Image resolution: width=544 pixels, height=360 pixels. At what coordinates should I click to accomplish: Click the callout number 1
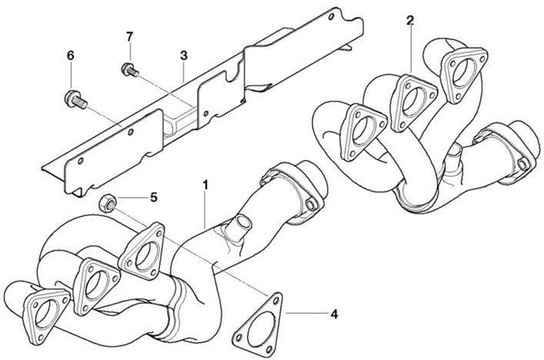[x=205, y=185]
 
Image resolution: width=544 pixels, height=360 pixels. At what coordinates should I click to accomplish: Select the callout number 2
[x=410, y=21]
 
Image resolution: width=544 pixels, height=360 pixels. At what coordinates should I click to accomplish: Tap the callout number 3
[x=184, y=55]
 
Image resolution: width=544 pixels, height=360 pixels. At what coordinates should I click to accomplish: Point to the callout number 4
[x=334, y=314]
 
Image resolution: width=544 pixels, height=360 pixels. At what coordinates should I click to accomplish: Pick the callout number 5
[x=154, y=198]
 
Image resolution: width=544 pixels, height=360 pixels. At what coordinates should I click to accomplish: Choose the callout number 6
[x=71, y=55]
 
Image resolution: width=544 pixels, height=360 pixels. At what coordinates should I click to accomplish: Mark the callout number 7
[x=129, y=35]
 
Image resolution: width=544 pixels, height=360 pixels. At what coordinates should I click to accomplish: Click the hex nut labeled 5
[x=107, y=203]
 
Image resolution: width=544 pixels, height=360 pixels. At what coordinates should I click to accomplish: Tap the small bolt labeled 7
[x=130, y=69]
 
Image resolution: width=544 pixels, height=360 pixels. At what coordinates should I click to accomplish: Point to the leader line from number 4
[x=307, y=313]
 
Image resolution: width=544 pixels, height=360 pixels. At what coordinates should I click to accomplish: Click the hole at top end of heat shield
[x=332, y=16]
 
